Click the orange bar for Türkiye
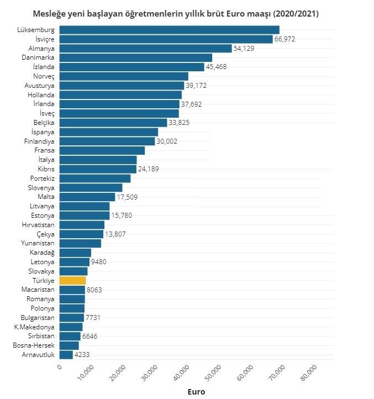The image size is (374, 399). click(x=73, y=281)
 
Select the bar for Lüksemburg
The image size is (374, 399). click(x=169, y=30)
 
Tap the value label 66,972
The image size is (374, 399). click(x=287, y=39)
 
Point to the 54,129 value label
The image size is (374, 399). click(x=246, y=49)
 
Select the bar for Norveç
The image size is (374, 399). click(x=124, y=76)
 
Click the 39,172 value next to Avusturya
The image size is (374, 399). click(x=198, y=86)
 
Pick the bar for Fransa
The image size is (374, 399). click(x=102, y=150)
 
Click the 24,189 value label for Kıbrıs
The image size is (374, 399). click(x=148, y=169)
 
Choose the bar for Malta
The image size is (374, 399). click(x=87, y=197)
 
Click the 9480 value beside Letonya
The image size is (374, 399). click(x=98, y=262)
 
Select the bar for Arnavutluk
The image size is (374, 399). click(x=66, y=355)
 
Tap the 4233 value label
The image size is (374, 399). click(x=82, y=355)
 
